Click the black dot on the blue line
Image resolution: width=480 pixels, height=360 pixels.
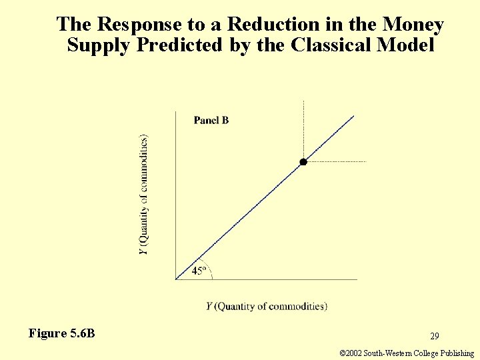pos(303,162)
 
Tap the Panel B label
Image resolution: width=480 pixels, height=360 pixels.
pos(211,120)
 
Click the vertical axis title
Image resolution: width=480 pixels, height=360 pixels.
pos(144,194)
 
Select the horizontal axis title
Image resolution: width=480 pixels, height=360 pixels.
pos(267,306)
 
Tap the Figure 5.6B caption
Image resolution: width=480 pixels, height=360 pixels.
pos(62,333)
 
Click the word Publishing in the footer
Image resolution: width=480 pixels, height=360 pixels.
pos(456,353)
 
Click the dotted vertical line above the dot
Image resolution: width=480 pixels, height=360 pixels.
pos(303,130)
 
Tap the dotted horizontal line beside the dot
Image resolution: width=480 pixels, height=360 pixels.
pos(337,161)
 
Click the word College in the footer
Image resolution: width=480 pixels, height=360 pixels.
pos(421,353)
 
